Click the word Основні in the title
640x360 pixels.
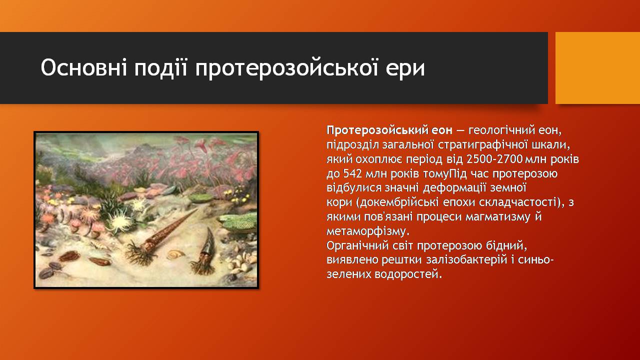[83, 68]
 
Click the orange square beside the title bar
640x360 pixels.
[597, 68]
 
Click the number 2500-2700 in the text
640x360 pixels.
[494, 159]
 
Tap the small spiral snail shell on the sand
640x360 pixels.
[175, 254]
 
